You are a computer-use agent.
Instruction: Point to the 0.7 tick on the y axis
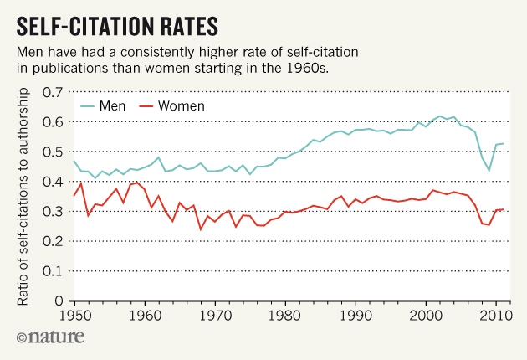(x=53, y=91)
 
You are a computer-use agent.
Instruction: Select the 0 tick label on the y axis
(x=59, y=300)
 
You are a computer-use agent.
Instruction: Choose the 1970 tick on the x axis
(x=215, y=316)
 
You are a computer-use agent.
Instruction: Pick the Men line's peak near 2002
(x=440, y=116)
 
